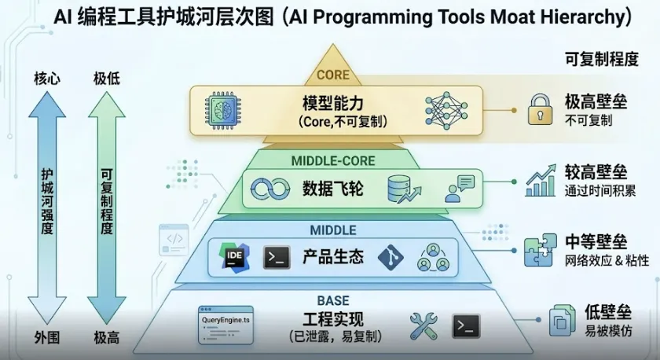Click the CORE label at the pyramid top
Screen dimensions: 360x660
tap(332, 75)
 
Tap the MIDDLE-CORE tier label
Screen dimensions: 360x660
tap(333, 161)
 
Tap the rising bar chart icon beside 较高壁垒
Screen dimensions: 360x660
tap(541, 180)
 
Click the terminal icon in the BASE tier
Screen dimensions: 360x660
tap(466, 325)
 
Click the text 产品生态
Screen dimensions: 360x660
tap(333, 257)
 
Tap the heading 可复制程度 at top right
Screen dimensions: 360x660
tap(601, 59)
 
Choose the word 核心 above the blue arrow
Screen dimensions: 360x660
tap(46, 79)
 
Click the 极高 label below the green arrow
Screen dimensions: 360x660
tap(107, 338)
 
